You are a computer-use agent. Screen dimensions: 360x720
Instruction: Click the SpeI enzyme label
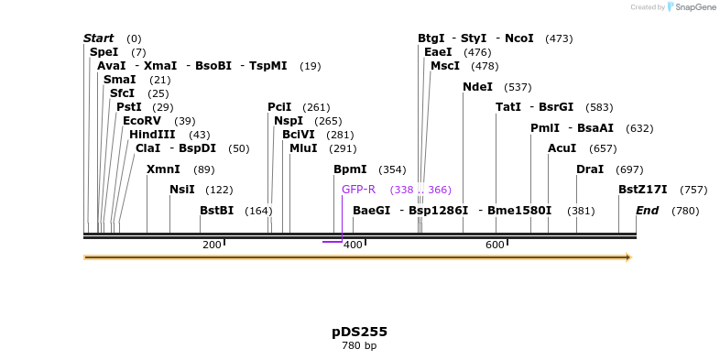(x=104, y=52)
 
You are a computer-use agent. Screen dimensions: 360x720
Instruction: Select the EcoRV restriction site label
(x=141, y=121)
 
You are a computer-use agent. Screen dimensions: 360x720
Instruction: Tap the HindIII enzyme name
(x=152, y=135)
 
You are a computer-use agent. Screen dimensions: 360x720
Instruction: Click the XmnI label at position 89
(x=163, y=169)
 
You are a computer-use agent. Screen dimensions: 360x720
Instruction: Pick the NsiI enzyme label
(x=182, y=190)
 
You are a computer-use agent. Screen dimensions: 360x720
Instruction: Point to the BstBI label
(x=217, y=211)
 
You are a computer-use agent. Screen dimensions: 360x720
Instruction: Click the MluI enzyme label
(x=304, y=148)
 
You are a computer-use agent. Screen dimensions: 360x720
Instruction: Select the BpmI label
(x=350, y=169)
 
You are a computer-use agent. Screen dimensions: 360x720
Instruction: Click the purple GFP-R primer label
(x=359, y=190)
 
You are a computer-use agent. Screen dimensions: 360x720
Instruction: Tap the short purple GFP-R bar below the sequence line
(x=333, y=242)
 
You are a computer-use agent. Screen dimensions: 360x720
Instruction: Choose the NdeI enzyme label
(x=478, y=87)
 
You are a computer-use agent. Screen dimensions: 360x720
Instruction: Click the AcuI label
(x=562, y=148)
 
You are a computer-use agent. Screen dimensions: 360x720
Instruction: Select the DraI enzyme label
(x=590, y=169)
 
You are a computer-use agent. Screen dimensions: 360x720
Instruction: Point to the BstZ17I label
(x=643, y=190)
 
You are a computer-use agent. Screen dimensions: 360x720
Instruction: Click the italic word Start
(x=99, y=38)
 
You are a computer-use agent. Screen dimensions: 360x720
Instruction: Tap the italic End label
(x=648, y=211)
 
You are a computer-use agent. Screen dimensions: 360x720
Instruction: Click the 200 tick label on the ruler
(x=212, y=245)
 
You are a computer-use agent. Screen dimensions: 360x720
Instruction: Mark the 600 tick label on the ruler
(x=495, y=245)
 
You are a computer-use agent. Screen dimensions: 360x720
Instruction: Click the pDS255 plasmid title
(x=359, y=332)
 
